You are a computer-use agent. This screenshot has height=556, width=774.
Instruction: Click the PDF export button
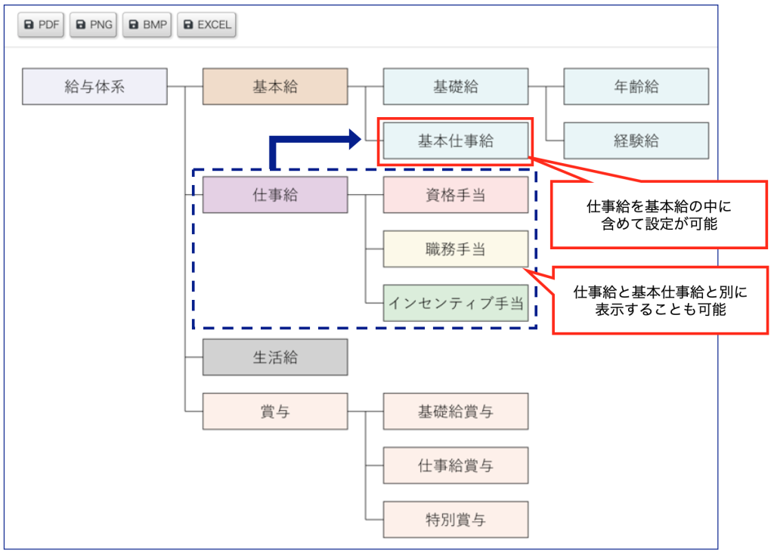coord(42,25)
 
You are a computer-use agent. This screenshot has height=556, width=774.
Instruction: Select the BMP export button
coord(146,25)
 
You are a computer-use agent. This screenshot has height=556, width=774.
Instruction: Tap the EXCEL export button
coord(206,25)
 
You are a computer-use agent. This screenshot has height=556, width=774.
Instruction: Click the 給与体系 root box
coord(94,86)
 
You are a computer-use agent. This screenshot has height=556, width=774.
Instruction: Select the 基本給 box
coord(275,86)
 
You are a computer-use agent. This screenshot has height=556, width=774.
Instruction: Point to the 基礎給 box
coord(455,86)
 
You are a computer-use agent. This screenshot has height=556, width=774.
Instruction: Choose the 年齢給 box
coord(636,86)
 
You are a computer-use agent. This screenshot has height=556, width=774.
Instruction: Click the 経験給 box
coord(636,141)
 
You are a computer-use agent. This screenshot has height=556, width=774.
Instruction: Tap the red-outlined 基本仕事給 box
coord(455,141)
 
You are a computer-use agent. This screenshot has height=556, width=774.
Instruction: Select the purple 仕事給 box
coord(275,195)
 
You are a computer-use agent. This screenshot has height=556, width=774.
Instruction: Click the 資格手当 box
coord(455,195)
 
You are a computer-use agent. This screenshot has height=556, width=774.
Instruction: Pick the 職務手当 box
coord(455,249)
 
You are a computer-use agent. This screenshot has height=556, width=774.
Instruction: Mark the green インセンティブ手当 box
coord(455,303)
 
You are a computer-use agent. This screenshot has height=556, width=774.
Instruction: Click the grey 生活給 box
coord(275,357)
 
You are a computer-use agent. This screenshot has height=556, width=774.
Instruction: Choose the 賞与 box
coord(275,412)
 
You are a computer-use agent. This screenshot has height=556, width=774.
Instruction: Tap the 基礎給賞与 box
coord(455,412)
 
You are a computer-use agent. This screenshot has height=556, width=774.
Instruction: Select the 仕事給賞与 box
coord(455,465)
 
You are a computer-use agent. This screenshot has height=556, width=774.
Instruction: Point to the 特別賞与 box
coord(455,520)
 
